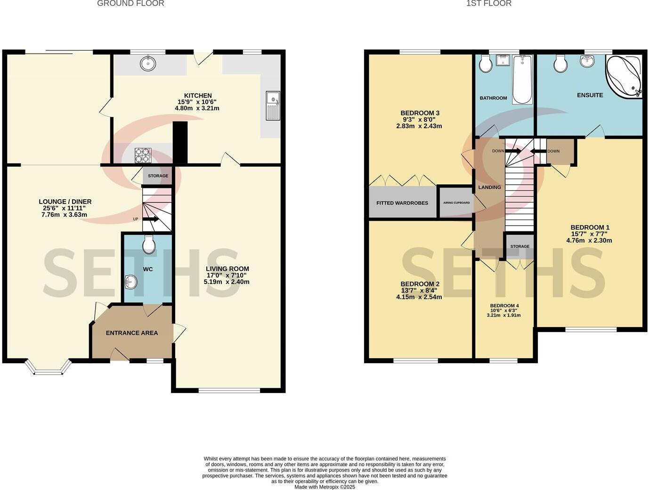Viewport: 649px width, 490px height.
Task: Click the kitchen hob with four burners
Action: (143, 155)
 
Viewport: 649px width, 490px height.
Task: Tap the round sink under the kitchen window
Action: (148, 63)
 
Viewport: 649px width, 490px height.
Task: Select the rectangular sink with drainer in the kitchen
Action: (273, 106)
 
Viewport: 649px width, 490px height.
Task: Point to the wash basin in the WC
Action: (131, 282)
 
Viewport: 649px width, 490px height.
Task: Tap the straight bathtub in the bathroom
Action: (522, 80)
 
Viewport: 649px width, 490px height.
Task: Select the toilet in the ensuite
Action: (560, 64)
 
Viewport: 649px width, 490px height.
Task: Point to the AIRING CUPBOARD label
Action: (456, 203)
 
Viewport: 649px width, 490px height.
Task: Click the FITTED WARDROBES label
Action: (402, 203)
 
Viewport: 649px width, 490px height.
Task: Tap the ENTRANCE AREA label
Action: (132, 333)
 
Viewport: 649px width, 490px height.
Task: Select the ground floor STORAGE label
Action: (158, 176)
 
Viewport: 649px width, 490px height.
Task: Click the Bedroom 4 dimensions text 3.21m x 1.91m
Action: (504, 315)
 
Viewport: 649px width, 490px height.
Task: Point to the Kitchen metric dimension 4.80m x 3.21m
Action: (197, 108)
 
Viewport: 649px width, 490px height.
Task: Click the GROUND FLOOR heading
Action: (130, 4)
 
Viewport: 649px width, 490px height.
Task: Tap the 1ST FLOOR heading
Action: (489, 4)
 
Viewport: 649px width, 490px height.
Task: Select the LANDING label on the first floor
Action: (490, 187)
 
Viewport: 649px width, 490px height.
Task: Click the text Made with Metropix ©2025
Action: (324, 487)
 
